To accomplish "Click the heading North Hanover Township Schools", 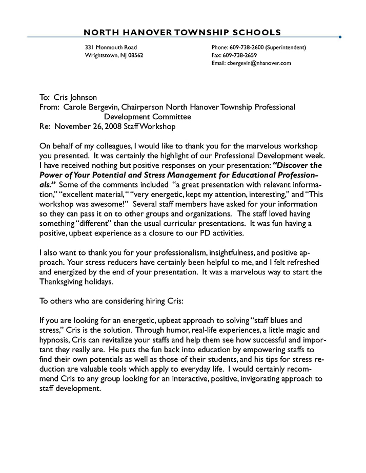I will (182, 32).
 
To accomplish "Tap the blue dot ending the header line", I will (340, 37).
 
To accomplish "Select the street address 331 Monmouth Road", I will (111, 48).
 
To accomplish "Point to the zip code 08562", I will (134, 55).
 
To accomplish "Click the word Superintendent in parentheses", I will (287, 48).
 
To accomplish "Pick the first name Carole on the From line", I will (75, 107).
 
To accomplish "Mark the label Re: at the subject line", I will (45, 126).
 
